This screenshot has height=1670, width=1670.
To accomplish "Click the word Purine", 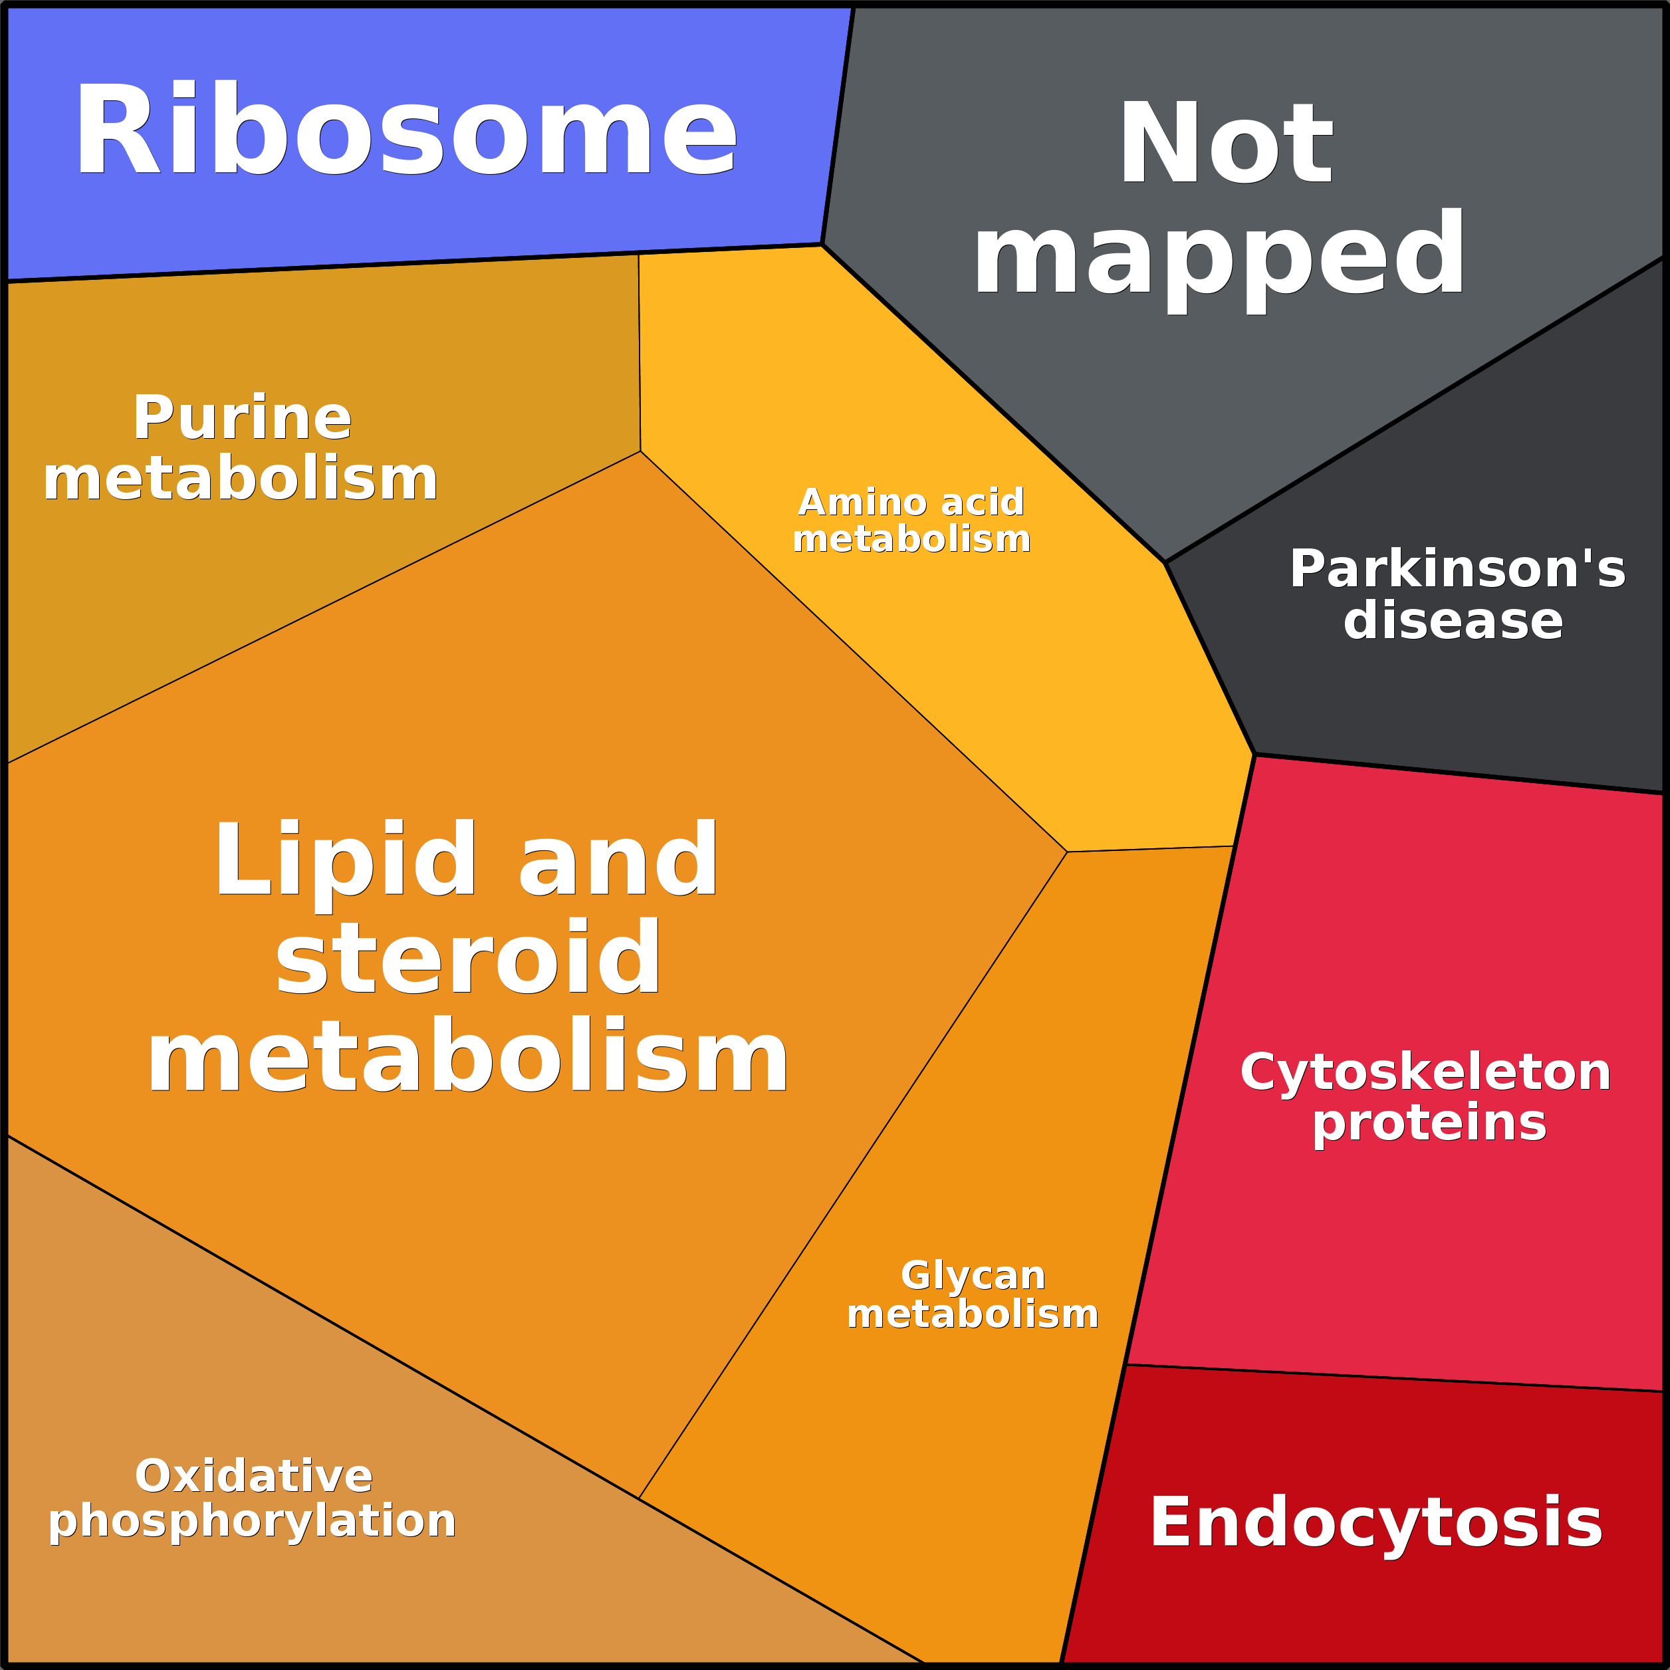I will (242, 418).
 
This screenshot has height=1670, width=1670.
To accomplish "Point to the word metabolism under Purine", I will (240, 480).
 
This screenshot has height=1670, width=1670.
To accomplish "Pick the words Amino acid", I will (911, 502).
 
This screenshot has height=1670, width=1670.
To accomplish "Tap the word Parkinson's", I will (1457, 569).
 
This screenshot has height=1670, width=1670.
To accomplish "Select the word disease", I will (1453, 621).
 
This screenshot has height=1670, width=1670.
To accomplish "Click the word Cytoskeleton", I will (1425, 1073).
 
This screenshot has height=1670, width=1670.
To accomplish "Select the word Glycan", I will (973, 1276).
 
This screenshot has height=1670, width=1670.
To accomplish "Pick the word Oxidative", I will (253, 1477).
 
